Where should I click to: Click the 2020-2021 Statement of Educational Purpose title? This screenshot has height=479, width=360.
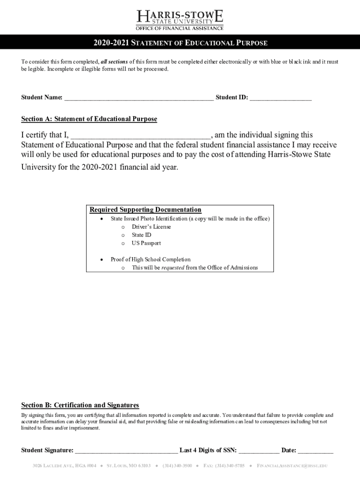click(180, 43)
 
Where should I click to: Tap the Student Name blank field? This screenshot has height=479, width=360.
click(139, 98)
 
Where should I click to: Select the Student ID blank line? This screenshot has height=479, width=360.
click(281, 98)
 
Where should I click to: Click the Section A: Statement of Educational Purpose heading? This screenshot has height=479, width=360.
click(89, 119)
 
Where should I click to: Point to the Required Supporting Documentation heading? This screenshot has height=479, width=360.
click(145, 210)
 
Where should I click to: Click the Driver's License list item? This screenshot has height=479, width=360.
click(151, 227)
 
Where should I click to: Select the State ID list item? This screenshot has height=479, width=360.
click(141, 235)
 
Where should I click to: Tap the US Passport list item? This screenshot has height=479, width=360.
click(146, 243)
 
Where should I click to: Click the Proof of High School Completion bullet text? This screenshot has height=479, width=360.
click(151, 260)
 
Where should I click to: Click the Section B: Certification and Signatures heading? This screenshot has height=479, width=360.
click(80, 405)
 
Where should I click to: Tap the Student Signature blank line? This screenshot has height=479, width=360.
click(126, 451)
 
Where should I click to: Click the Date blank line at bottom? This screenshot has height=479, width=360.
click(316, 451)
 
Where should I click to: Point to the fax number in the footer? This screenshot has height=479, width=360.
click(224, 466)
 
